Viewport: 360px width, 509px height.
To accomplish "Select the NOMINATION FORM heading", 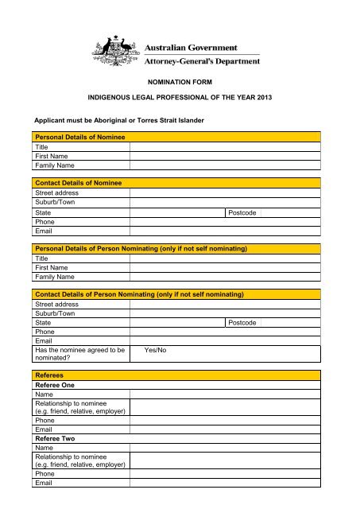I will pyautogui.click(x=180, y=82).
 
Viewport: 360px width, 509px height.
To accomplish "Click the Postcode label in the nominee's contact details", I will pyautogui.click(x=242, y=213).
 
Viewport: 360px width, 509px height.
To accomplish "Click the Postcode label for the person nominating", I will pyautogui.click(x=242, y=323).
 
